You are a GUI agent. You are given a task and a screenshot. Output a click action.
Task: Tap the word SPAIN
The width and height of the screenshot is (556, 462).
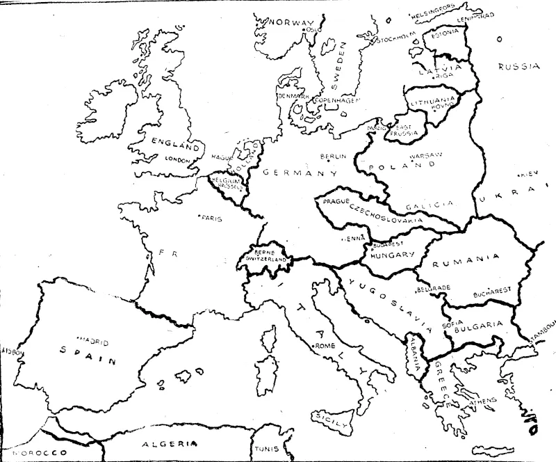pos(78,353)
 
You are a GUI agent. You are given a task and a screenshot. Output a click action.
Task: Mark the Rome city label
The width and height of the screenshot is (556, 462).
pos(325,346)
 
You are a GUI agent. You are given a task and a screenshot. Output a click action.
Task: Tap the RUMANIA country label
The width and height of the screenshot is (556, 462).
pos(466,259)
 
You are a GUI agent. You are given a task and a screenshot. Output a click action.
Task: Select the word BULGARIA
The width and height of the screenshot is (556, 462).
pos(477,324)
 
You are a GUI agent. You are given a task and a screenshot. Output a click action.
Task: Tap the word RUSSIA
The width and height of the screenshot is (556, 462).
pos(518,67)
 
